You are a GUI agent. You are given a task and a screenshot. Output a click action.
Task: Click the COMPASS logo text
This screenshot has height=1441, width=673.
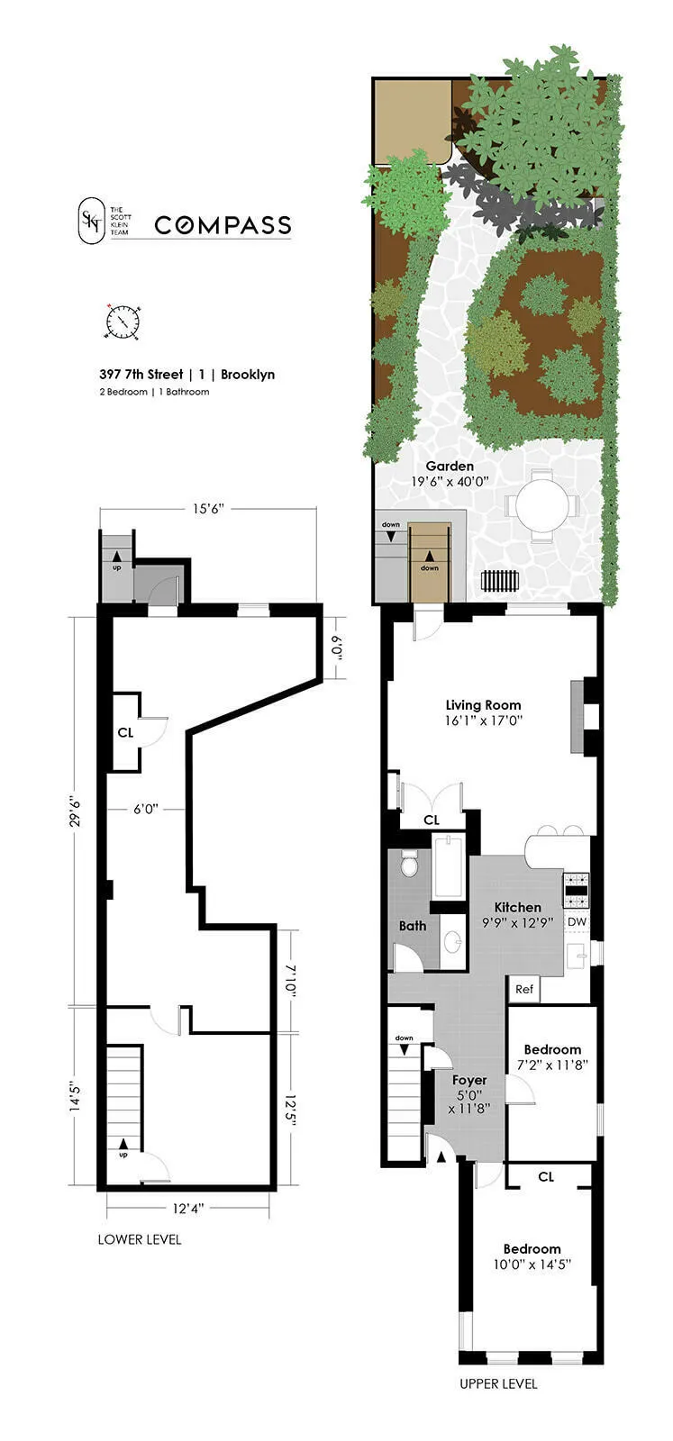(223, 225)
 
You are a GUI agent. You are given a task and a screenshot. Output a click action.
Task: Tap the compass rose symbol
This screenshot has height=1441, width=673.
(123, 322)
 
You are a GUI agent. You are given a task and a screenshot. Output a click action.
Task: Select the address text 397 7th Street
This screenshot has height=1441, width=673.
(141, 374)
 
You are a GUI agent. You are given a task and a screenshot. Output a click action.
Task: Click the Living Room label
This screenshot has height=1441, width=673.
(483, 705)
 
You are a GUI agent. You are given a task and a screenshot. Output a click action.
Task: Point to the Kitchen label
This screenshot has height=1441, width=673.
(517, 907)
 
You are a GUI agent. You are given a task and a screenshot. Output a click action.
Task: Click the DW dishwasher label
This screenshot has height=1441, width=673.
(577, 922)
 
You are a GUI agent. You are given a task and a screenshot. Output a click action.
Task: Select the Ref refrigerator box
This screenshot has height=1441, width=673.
(524, 989)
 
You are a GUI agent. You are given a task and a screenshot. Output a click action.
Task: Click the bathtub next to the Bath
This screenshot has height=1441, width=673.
(448, 868)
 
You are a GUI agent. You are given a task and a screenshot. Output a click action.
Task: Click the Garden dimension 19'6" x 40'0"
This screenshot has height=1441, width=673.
(450, 482)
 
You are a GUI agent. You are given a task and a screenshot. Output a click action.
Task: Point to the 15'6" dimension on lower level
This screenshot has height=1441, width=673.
(208, 509)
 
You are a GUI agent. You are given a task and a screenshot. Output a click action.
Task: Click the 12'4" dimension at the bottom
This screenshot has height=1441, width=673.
(189, 1208)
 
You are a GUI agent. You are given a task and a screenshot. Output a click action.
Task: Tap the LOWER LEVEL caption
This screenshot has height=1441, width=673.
(139, 1239)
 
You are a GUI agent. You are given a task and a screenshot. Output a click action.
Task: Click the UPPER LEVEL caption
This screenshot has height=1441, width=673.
(497, 1383)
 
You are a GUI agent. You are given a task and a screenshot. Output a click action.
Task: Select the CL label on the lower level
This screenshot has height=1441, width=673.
(125, 732)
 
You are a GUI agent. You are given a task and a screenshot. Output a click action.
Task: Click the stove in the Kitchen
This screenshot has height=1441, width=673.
(576, 890)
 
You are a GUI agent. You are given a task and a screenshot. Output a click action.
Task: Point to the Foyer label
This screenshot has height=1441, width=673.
(468, 1080)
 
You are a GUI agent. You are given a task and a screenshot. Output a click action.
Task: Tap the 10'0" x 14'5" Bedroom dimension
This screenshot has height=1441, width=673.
(532, 1264)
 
